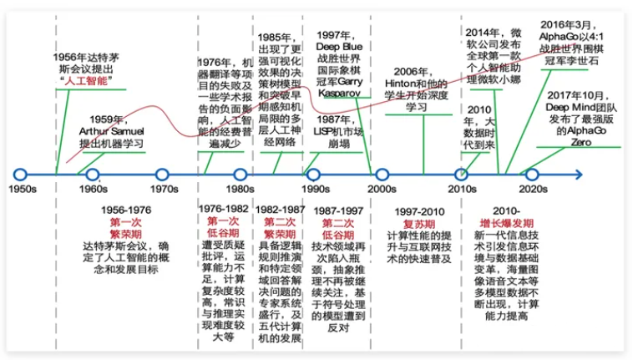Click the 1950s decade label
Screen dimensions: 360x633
(22, 190)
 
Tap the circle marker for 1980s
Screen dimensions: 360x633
(240, 175)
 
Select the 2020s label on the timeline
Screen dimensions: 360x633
(533, 190)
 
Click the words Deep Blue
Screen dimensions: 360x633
(338, 47)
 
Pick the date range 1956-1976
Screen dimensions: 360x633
(126, 210)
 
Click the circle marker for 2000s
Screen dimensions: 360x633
(382, 175)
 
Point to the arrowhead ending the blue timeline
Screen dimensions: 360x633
(579, 175)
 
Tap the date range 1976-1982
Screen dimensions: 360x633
(224, 208)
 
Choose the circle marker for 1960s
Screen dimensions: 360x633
(93, 175)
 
